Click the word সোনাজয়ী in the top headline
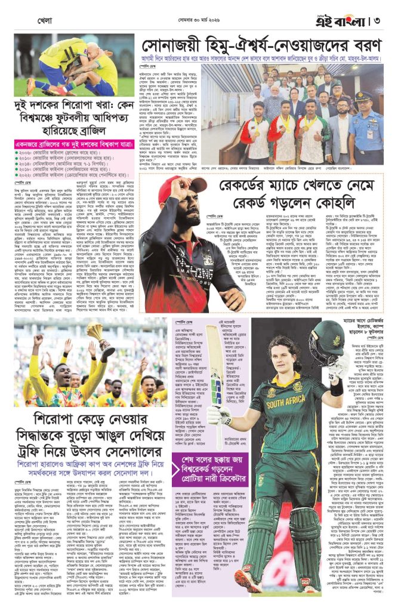tap(172, 45)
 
